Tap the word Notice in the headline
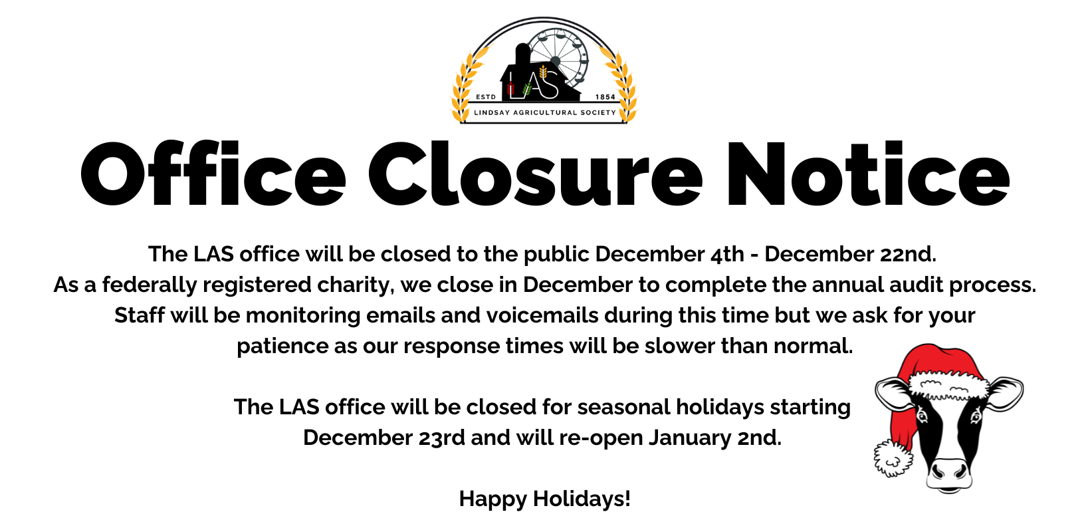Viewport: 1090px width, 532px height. point(867,173)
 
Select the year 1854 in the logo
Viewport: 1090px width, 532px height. point(605,97)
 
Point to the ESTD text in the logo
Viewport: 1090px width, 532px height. point(486,97)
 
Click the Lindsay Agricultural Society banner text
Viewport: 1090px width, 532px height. point(545,112)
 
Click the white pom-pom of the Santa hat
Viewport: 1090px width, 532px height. point(893,458)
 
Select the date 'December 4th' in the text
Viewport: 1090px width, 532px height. point(669,254)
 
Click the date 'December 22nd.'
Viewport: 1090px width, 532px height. point(850,254)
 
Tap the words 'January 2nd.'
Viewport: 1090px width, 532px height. point(714,438)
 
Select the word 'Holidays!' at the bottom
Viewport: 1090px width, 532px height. point(582,499)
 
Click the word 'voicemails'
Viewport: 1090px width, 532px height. point(542,315)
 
